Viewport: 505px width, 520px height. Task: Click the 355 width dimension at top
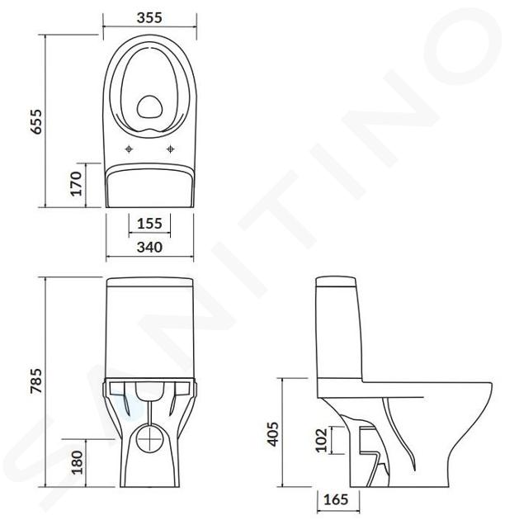(x=149, y=18)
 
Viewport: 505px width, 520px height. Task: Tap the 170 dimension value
(x=76, y=184)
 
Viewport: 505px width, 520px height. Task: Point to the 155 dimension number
(x=149, y=224)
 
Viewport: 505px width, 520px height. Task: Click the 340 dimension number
(x=149, y=248)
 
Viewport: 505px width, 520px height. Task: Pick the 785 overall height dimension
(x=36, y=381)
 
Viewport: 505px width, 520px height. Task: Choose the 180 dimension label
(x=77, y=462)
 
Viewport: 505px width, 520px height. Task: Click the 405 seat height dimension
(x=273, y=434)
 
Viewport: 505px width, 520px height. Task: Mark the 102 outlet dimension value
(x=321, y=440)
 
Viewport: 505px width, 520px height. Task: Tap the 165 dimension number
(x=336, y=499)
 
